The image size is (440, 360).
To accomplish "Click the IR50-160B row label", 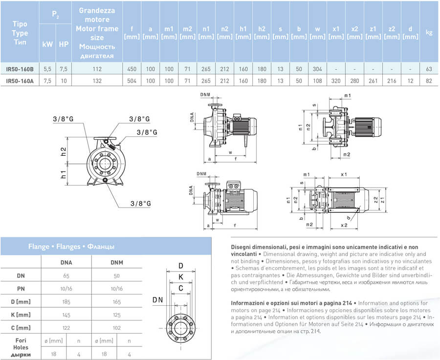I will click(x=20, y=69).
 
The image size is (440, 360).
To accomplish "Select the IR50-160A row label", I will click(x=20, y=81).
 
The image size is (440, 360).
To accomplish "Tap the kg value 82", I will click(x=429, y=81).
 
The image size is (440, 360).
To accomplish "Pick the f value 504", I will click(x=132, y=81).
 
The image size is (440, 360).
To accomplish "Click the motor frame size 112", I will click(x=97, y=69).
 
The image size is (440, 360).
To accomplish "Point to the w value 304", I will click(x=317, y=69).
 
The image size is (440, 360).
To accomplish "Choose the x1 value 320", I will click(x=336, y=81).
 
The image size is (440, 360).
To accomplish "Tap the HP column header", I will click(x=64, y=44).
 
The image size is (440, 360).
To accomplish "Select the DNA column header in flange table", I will click(x=66, y=263).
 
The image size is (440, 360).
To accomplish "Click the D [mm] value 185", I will click(x=66, y=301).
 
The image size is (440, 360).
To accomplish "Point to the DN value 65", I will click(x=66, y=276).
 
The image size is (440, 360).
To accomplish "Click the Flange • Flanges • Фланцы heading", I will click(x=71, y=247).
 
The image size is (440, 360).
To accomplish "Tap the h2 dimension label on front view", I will click(x=63, y=151).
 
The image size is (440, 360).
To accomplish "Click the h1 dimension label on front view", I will click(x=63, y=174).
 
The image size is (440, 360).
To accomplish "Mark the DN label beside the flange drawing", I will click(x=157, y=299).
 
